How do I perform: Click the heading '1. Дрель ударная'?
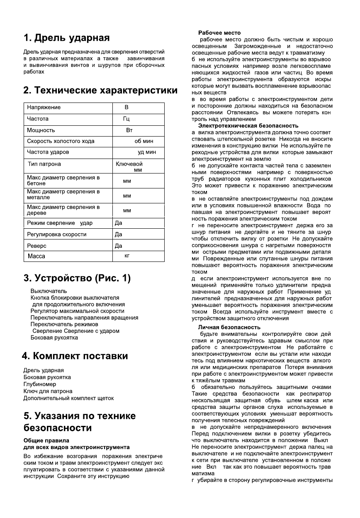click(x=66, y=38)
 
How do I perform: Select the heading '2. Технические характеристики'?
click(x=100, y=90)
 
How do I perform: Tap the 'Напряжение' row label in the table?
click(x=44, y=108)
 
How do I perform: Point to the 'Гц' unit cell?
click(x=126, y=119)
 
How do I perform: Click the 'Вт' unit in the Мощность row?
click(x=129, y=130)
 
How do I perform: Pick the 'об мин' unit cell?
click(x=144, y=141)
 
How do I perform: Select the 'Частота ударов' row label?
click(x=48, y=152)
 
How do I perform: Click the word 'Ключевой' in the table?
click(x=129, y=164)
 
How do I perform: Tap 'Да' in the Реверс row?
click(x=118, y=246)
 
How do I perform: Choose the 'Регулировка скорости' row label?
click(x=56, y=235)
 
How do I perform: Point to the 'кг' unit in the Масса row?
click(x=127, y=256)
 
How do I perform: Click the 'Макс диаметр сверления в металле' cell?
click(x=63, y=195)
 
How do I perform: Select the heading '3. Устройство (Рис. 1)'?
click(x=77, y=278)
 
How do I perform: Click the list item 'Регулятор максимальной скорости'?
click(x=77, y=311)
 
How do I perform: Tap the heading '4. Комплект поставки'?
click(x=75, y=356)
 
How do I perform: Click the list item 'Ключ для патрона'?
click(x=48, y=391)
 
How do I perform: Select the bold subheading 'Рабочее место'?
click(x=219, y=33)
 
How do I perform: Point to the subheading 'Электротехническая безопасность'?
click(x=248, y=125)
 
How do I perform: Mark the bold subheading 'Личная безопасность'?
click(x=229, y=327)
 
